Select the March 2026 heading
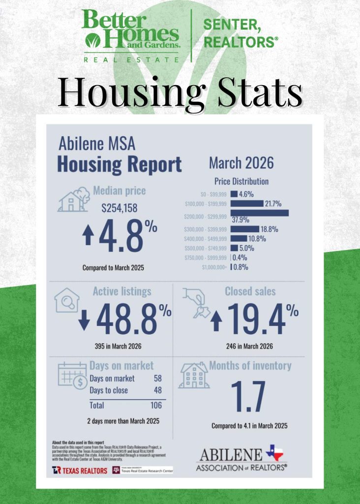[x=241, y=162]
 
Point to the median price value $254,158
[x=120, y=208]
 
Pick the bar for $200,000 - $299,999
[x=259, y=213]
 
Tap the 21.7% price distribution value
[x=274, y=203]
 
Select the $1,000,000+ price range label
[x=214, y=268]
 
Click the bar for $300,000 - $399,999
[x=244, y=229]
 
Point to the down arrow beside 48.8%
[x=84, y=319]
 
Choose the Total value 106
[x=156, y=405]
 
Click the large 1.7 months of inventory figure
[x=248, y=397]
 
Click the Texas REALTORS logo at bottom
[x=80, y=471]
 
